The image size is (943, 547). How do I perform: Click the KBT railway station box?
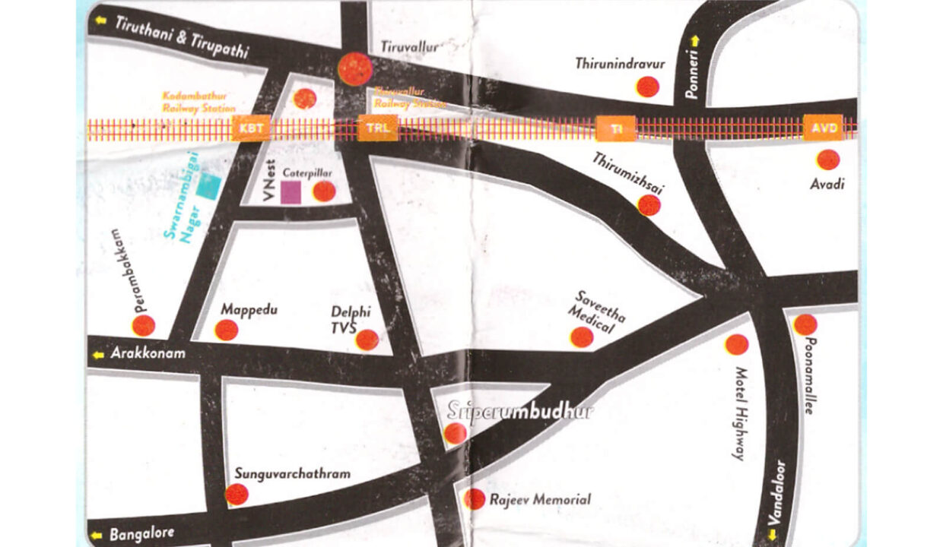pos(251,128)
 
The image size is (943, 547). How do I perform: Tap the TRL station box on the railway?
pos(378,128)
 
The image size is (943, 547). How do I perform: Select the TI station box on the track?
pos(615,128)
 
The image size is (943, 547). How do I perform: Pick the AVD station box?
pos(824,128)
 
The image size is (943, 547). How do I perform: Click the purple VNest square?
pos(291,192)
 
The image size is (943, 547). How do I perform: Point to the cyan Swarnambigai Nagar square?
pos(208,186)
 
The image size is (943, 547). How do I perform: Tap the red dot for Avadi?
pos(827,160)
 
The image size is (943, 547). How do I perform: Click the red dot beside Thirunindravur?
pos(647,87)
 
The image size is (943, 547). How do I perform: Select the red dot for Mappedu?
pos(226,330)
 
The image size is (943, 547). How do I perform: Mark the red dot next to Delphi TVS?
pos(367,340)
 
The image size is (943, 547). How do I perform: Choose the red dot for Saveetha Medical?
pos(582,337)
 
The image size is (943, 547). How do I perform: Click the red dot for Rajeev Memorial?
pos(475,498)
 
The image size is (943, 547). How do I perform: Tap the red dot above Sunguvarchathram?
pos(237,495)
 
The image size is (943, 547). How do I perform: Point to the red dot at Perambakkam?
pos(143,325)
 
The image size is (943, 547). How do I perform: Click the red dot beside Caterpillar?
pos(324,191)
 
